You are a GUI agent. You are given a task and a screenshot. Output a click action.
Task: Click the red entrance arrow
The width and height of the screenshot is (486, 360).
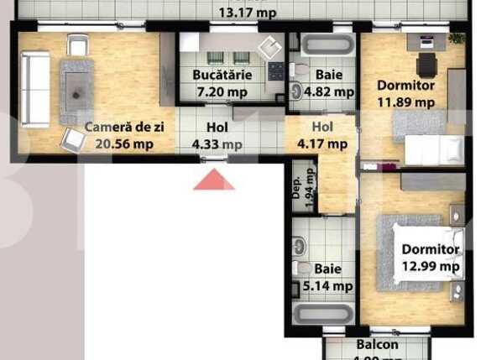coord(214,180)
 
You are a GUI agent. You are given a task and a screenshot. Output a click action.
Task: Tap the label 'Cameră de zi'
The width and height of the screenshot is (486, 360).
coord(117,128)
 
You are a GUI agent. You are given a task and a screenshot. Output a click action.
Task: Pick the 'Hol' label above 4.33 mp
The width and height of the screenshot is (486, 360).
coord(217,128)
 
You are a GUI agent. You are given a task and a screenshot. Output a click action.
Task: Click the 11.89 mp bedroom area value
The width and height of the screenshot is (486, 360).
coord(406,103)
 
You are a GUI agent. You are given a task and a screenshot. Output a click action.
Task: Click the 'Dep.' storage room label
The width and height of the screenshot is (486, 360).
coord(296,184)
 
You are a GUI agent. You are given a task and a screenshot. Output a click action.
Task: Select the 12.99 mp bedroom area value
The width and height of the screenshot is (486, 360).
coord(431,267)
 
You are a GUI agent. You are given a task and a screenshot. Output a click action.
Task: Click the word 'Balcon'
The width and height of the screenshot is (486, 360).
coord(377,345)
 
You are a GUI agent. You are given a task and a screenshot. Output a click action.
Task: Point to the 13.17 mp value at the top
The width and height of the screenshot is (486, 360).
coord(248,13)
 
